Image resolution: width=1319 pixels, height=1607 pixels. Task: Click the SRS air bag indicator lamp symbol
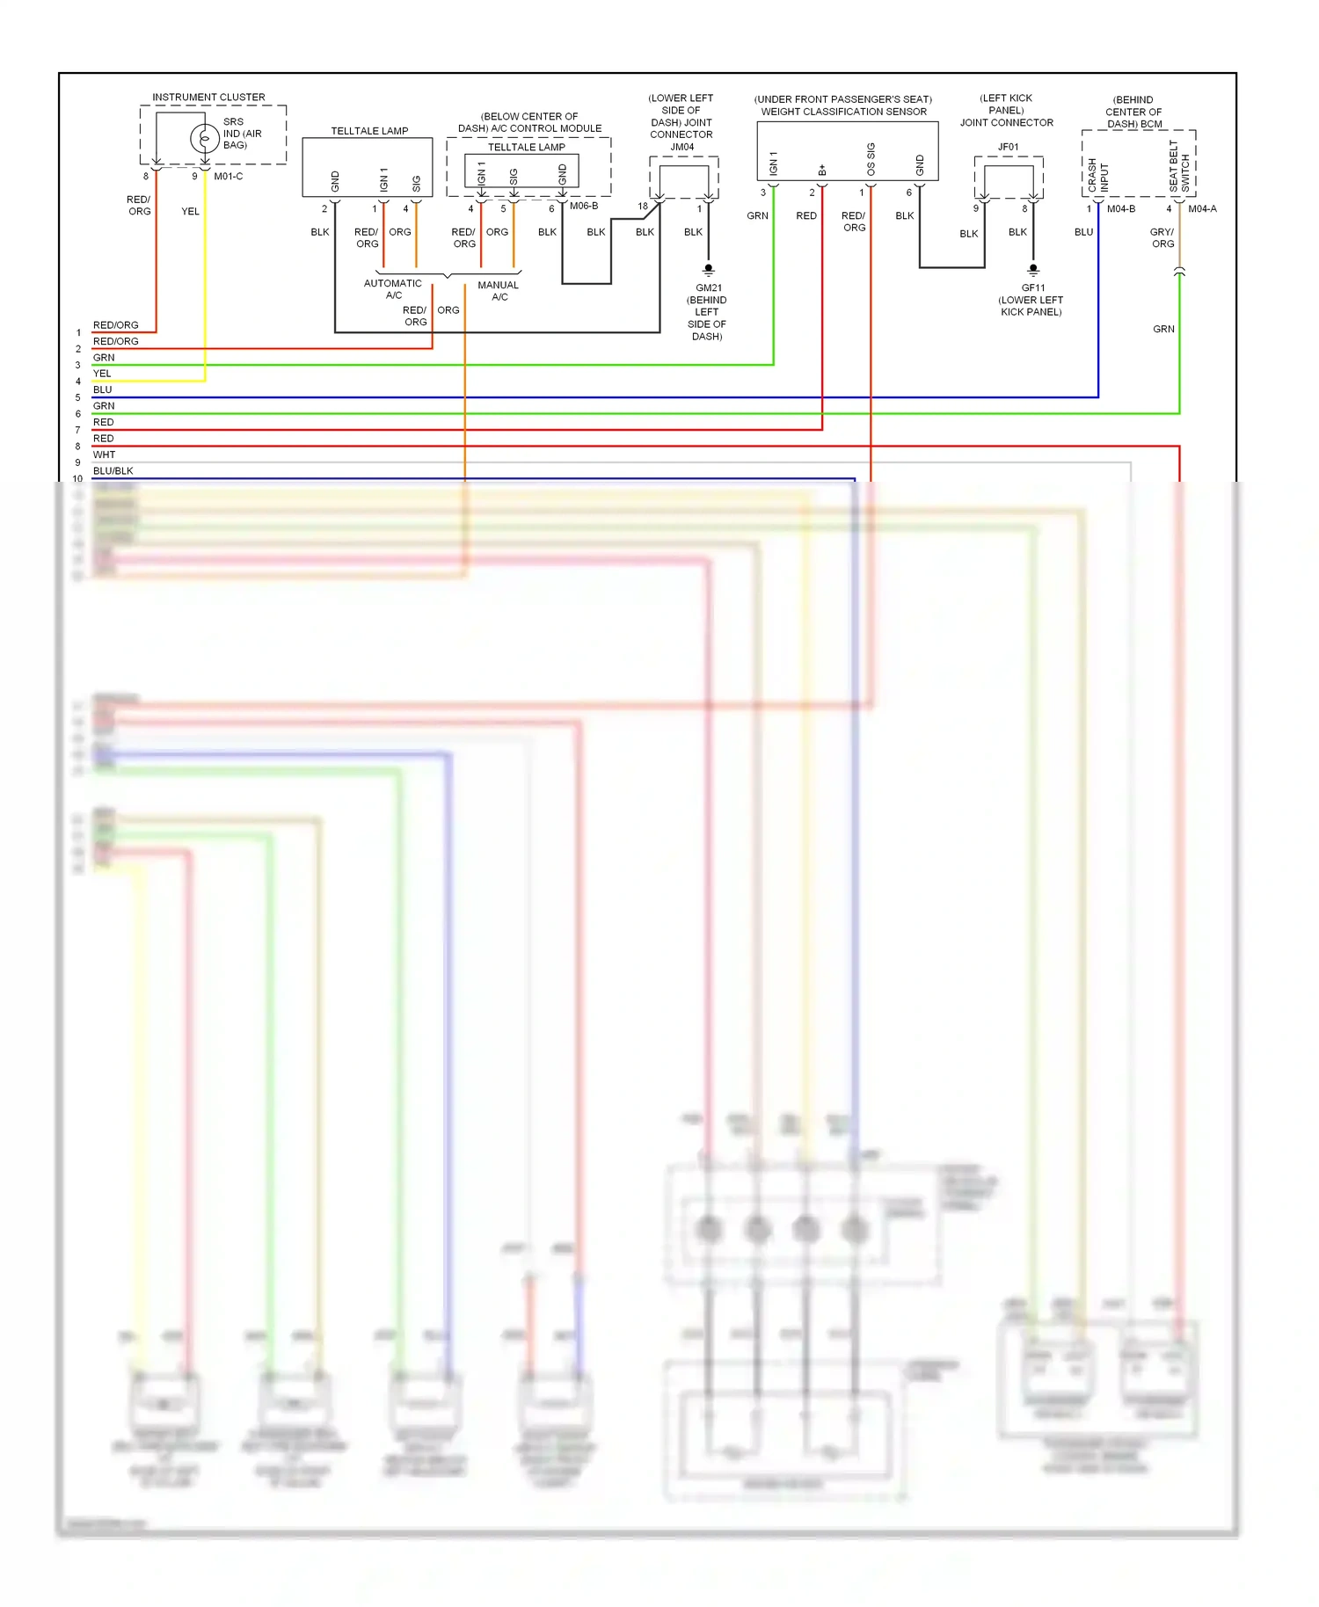[204, 138]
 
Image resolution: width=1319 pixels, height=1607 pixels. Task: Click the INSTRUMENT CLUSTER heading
[208, 98]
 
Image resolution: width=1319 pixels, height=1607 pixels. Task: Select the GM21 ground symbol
[708, 269]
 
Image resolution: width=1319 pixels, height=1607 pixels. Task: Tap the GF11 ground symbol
[1033, 269]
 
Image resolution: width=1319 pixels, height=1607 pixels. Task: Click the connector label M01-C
[228, 177]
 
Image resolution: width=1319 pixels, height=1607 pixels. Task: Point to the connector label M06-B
[584, 206]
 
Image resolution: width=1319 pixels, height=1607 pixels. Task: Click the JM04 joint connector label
[682, 147]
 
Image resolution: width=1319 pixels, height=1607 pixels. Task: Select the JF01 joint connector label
[1008, 147]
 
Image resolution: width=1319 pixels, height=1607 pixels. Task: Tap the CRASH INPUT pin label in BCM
[1097, 176]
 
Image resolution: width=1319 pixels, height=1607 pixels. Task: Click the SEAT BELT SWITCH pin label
[1178, 167]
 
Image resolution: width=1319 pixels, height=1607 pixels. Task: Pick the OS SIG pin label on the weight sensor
[871, 160]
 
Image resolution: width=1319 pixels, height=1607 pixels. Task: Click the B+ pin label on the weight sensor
[822, 170]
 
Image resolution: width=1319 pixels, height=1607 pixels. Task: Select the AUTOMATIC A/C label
[393, 289]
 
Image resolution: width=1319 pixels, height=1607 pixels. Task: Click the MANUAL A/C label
[499, 291]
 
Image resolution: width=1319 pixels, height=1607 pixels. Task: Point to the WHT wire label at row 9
[104, 454]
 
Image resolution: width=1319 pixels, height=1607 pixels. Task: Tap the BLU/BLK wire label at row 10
[113, 471]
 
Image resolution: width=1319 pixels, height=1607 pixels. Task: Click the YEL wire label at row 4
[102, 374]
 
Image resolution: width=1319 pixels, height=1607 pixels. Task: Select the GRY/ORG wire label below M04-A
[1162, 238]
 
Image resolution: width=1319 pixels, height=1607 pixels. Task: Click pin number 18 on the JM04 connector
[643, 207]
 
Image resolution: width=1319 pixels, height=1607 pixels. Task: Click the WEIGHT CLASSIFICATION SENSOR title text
[843, 112]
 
